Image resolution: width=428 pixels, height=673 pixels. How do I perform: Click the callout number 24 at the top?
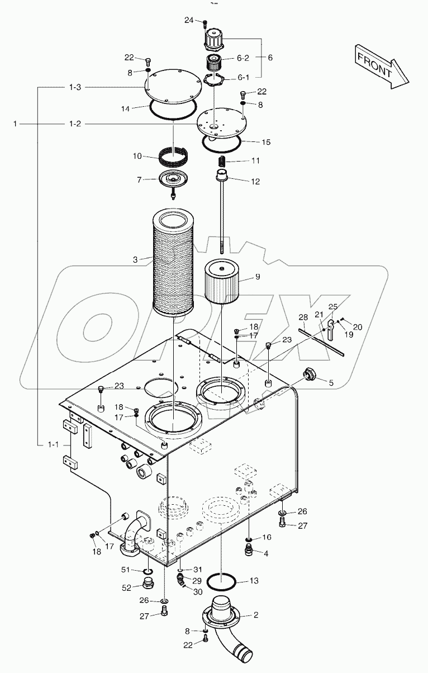(188, 20)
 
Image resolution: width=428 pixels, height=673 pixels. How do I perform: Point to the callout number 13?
(254, 581)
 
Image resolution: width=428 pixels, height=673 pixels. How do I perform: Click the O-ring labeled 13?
(221, 582)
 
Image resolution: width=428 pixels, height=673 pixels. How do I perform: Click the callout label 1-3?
(75, 87)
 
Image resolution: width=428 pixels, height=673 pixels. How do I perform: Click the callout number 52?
(127, 587)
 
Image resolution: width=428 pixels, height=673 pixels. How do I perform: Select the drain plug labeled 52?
(148, 585)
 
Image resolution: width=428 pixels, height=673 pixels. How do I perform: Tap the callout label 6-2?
(244, 58)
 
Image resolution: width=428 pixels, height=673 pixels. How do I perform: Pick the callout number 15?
(265, 142)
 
